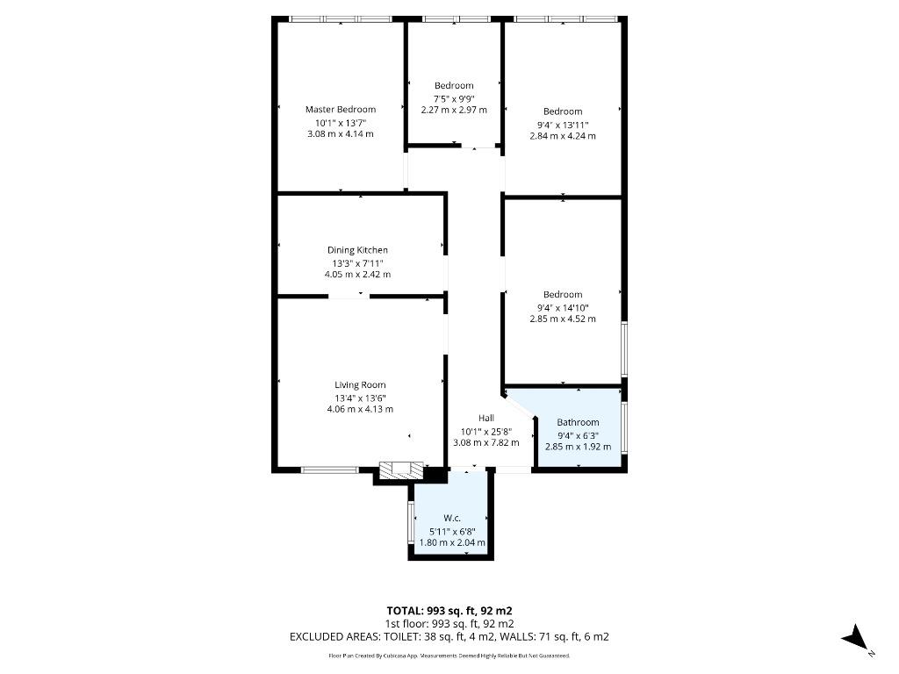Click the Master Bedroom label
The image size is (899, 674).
tap(341, 110)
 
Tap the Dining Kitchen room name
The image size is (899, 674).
tap(357, 250)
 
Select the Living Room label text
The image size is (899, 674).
tap(360, 385)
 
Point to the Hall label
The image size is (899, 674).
tap(486, 419)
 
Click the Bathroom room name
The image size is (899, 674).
tap(578, 422)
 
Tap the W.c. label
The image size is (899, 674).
tap(452, 518)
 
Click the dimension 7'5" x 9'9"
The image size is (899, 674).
tap(454, 98)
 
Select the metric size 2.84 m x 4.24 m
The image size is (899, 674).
tap(563, 136)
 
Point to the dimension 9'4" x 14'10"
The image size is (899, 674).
tap(563, 308)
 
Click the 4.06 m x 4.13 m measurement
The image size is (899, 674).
tap(360, 409)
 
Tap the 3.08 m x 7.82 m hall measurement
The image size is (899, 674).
tap(486, 442)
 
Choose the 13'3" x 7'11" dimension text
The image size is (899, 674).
tap(358, 263)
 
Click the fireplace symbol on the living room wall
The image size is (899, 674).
tap(401, 470)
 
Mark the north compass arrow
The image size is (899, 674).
tap(857, 638)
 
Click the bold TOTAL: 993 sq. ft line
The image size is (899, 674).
tap(449, 611)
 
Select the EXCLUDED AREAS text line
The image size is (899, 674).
tap(449, 637)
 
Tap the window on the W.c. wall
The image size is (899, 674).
tap(411, 523)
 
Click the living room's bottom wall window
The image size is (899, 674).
tap(330, 470)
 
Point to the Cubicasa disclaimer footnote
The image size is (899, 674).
tap(449, 656)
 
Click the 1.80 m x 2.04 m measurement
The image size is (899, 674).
tap(452, 542)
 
